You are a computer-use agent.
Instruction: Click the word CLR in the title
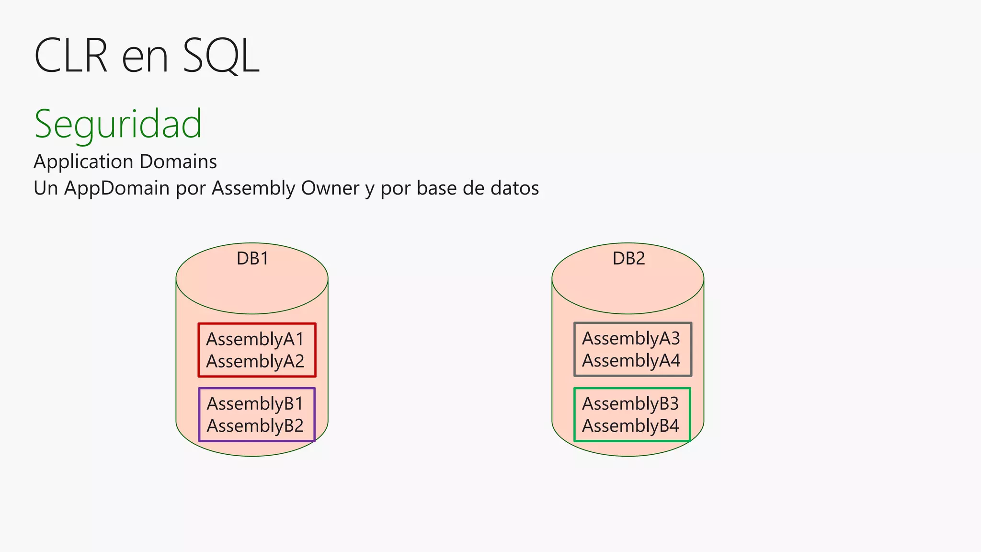71,56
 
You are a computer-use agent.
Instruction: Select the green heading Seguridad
118,124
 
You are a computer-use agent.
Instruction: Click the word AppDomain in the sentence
117,188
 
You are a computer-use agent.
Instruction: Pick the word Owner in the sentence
330,188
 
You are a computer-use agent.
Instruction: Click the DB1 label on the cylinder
252,259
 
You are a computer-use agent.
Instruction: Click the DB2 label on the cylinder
628,259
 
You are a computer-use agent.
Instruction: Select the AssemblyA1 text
255,339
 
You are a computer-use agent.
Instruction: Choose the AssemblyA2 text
255,361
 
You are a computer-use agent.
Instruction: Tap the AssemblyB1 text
255,404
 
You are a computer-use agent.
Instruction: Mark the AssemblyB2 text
255,426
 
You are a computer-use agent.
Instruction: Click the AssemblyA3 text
631,339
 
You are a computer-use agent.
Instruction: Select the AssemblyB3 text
630,404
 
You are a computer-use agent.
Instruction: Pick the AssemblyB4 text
630,426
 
